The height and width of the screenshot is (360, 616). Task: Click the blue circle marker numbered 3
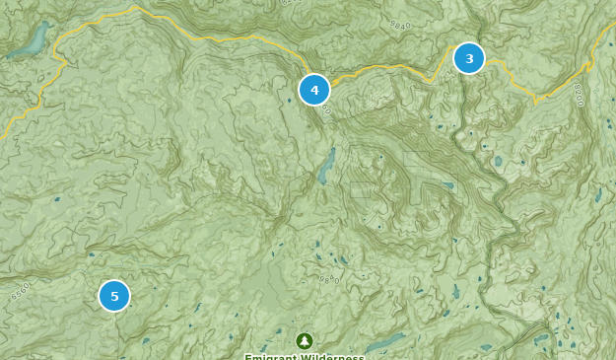click(469, 58)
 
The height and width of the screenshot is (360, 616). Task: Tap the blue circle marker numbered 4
click(314, 90)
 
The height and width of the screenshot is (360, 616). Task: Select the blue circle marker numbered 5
click(114, 295)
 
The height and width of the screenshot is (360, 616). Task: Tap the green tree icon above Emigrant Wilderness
click(305, 340)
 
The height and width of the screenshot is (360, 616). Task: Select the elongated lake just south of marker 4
click(326, 167)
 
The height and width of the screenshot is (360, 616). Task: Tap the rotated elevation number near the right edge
click(577, 97)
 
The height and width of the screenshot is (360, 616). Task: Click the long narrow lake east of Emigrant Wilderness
click(386, 342)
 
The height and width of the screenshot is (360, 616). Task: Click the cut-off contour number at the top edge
click(289, 3)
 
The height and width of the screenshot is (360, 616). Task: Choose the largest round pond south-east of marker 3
click(499, 161)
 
